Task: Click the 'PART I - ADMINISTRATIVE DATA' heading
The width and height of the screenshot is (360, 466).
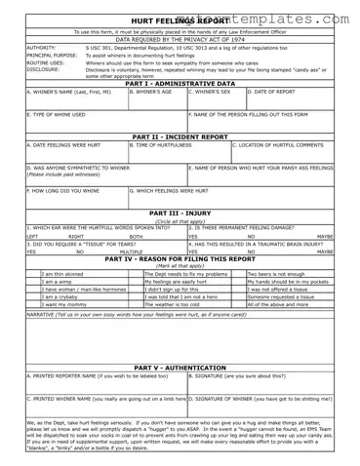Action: [180, 84]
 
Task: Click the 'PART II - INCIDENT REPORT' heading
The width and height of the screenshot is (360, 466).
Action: [180, 136]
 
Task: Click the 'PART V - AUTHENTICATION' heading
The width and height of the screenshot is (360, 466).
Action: [180, 367]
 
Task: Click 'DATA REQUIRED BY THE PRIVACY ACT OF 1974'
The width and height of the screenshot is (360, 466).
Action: [180, 38]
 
